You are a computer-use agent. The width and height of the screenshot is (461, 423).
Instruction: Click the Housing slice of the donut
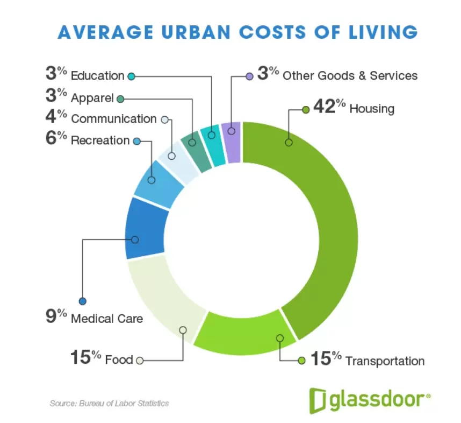(322, 215)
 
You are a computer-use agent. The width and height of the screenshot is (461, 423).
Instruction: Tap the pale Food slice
(161, 301)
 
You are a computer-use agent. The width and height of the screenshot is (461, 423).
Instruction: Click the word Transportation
(385, 361)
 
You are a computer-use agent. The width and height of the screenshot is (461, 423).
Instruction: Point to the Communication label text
(113, 119)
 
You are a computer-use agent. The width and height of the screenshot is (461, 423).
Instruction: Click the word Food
(119, 359)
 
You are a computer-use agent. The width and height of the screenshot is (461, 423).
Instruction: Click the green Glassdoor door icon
(318, 398)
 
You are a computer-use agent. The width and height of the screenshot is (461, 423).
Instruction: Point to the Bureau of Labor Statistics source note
(110, 403)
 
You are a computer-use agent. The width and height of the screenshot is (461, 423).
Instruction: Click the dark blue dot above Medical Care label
(82, 301)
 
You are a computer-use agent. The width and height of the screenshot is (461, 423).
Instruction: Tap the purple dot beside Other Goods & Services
(249, 76)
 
